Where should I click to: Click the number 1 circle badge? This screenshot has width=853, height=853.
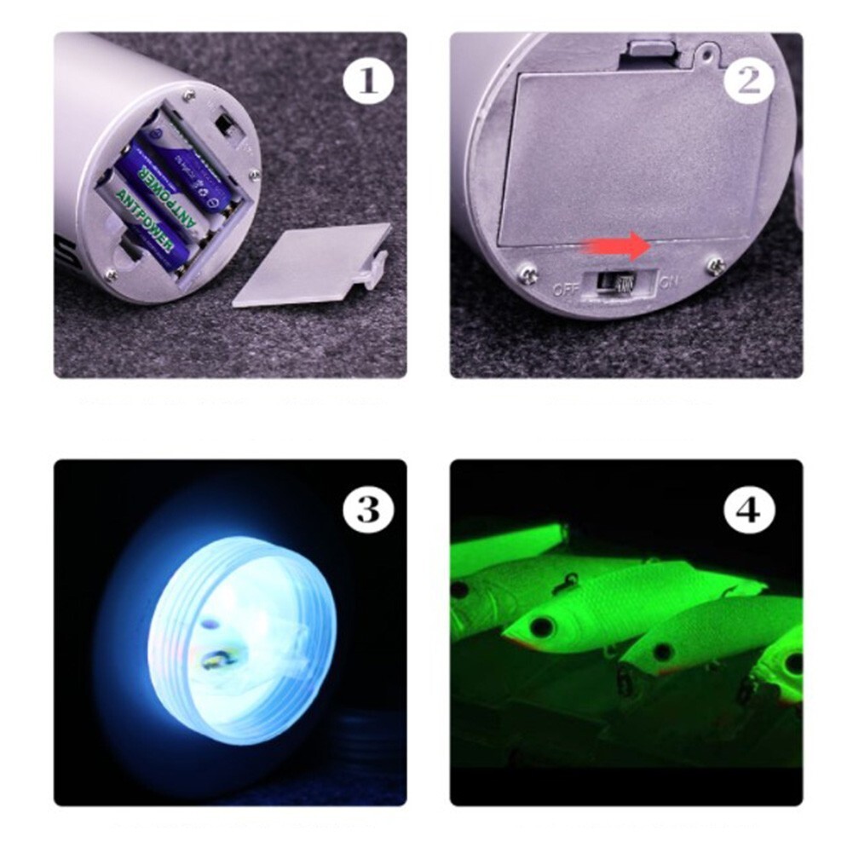368,82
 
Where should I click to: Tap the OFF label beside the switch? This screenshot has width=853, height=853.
565,288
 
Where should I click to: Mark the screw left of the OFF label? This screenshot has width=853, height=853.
528,274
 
